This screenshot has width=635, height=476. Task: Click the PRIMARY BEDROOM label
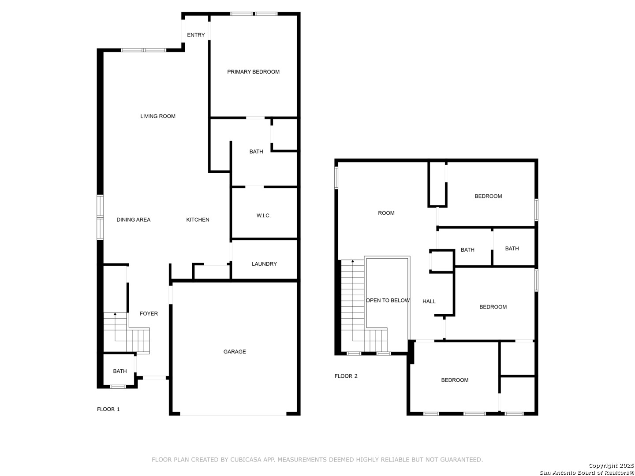coord(253,72)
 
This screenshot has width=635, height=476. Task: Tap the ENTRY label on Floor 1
coord(196,35)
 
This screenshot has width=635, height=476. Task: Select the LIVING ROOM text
coord(158,116)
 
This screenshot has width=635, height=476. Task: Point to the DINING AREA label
coord(133,219)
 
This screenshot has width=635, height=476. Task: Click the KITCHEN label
coord(198,219)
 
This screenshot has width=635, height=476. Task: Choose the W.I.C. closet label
coord(264,216)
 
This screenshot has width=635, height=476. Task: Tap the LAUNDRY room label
coord(264,264)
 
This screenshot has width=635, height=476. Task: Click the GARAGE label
coord(235,352)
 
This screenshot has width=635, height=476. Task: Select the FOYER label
coord(149,313)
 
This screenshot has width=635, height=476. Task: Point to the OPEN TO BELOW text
coord(388,301)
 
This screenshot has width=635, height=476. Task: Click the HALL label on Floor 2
coord(429,301)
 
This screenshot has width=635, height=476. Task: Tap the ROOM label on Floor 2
coord(386,213)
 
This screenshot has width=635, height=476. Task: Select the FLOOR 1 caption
coord(108,409)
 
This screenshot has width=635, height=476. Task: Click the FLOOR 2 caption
coord(346,376)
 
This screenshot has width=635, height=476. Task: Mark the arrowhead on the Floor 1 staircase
coord(115,313)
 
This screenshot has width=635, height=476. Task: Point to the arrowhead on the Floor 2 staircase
coord(353,261)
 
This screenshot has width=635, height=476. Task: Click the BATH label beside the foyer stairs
coord(120,371)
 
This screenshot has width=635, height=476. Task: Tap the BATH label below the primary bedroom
coord(256,152)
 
